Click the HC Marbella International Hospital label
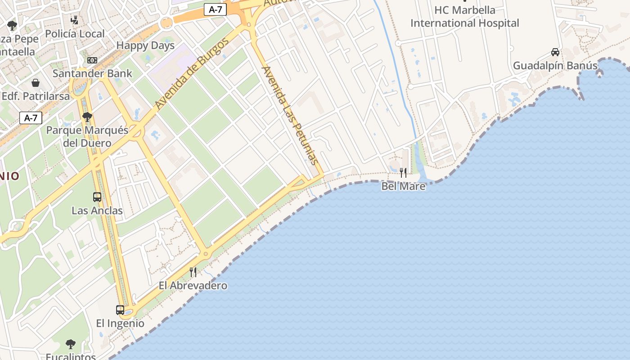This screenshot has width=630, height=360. (x=465, y=17)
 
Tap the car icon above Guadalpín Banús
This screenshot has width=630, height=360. (x=555, y=52)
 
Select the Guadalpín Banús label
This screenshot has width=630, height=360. (x=555, y=66)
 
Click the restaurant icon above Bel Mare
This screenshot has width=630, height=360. (x=403, y=172)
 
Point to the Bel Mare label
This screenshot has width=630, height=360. (x=403, y=186)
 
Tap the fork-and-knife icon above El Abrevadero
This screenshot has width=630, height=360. (x=193, y=272)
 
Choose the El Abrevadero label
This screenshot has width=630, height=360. (x=193, y=286)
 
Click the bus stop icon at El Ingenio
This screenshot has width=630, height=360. (x=120, y=310)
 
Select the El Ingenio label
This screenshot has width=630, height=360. (x=120, y=323)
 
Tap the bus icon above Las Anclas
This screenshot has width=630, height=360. (x=97, y=197)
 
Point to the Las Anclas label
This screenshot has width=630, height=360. (x=97, y=210)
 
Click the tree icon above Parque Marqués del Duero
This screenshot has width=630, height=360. (x=87, y=117)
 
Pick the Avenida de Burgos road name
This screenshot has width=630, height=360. (x=192, y=74)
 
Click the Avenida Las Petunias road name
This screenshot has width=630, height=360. (x=290, y=115)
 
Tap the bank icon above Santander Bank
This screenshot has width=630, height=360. (x=92, y=60)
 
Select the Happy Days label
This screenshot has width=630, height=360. (x=145, y=45)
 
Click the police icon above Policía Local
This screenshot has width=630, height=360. (x=75, y=20)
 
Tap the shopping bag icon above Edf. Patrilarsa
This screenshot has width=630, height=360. (x=36, y=83)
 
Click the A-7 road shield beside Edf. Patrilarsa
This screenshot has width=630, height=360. (x=31, y=118)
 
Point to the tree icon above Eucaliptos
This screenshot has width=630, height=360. (x=70, y=344)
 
